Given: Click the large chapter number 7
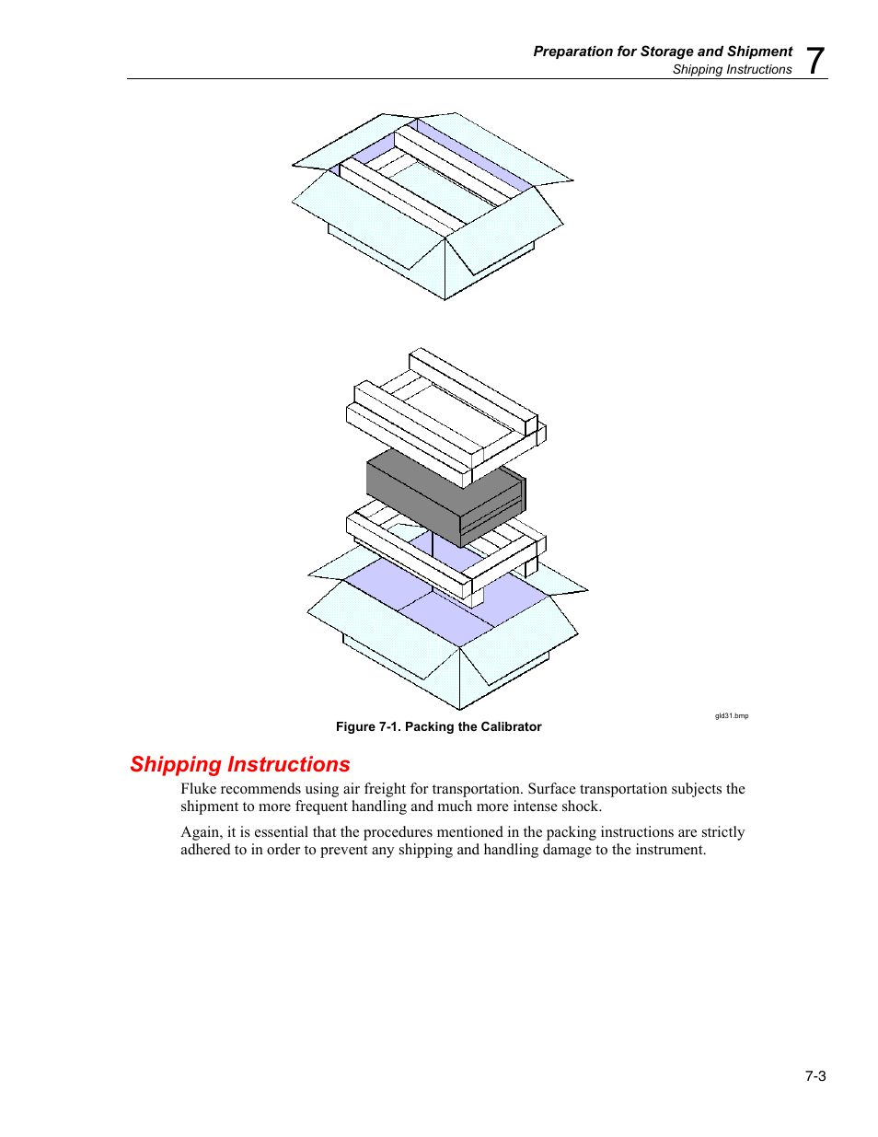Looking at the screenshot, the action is pos(814,61).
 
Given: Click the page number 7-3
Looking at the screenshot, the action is pos(814,1075).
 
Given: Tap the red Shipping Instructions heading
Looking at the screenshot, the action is pos(239,764).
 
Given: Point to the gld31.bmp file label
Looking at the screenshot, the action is pos(732,715).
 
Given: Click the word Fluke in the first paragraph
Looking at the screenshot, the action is pos(199,788).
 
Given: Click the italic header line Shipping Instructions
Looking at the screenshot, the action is pos(732,69).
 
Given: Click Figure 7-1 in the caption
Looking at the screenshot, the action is pos(366,726).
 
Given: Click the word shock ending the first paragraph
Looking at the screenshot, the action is pos(580,806).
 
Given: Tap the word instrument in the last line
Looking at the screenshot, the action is pos(669,849).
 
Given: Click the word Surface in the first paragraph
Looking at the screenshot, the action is pos(551,788).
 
